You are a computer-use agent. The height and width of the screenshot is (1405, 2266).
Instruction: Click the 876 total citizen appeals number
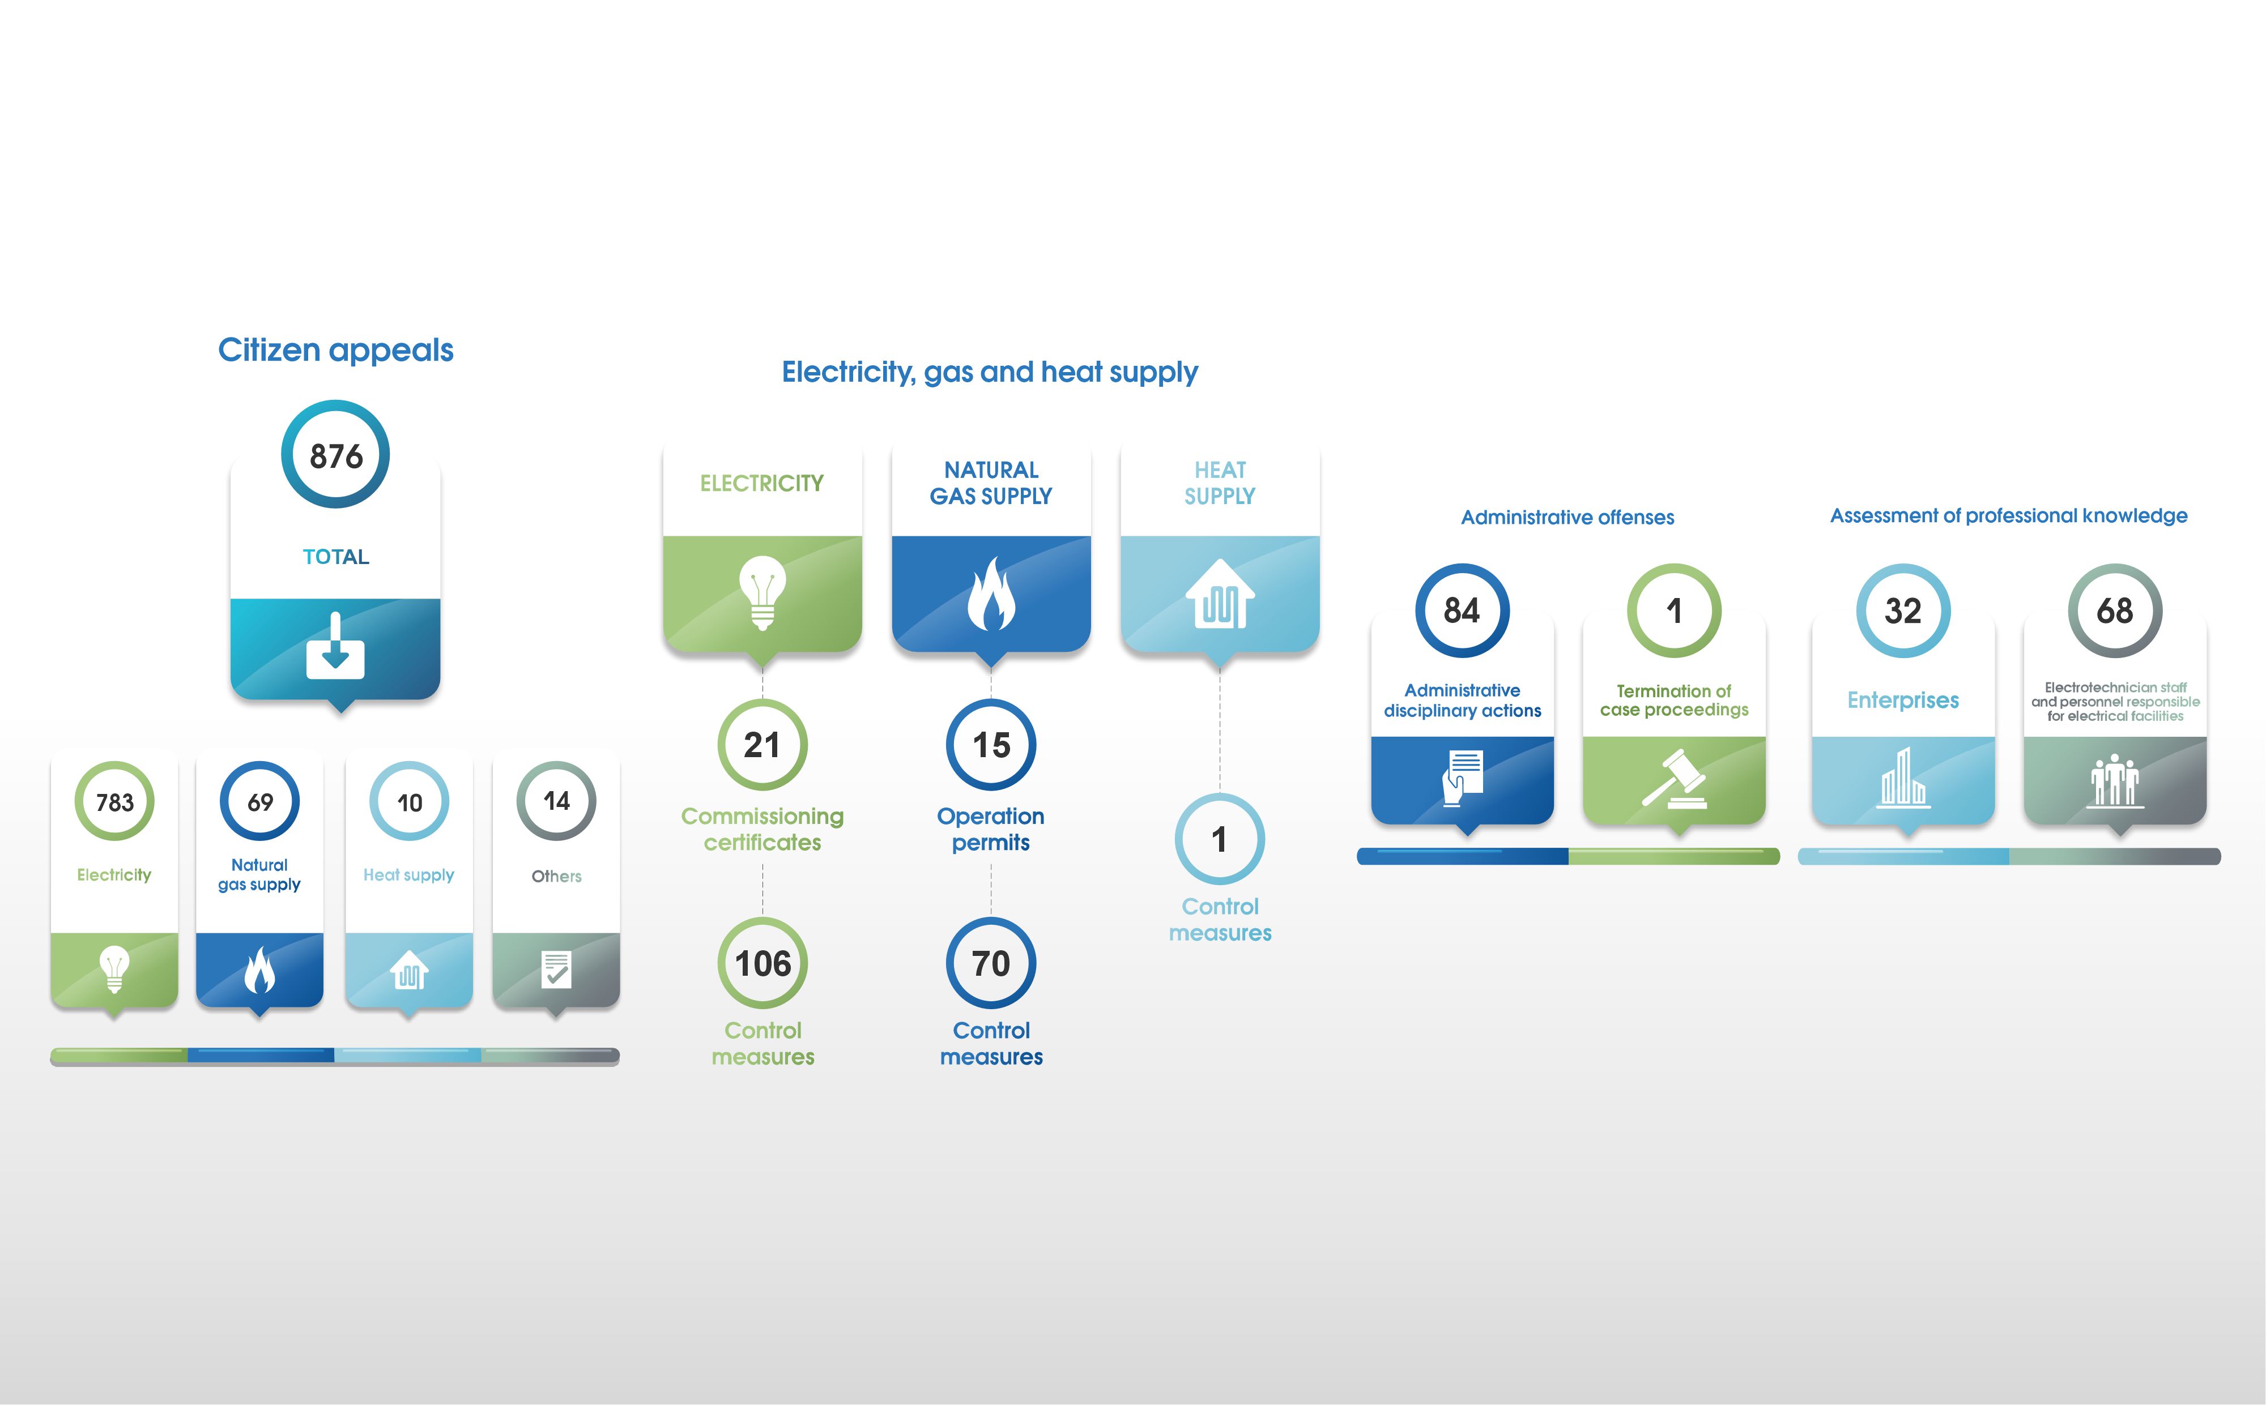[x=335, y=456]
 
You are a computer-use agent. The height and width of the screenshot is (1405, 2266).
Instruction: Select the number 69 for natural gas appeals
[x=260, y=802]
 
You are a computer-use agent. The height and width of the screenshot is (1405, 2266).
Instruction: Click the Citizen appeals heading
[x=335, y=351]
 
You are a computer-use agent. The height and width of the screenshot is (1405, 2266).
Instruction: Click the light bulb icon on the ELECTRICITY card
[x=762, y=592]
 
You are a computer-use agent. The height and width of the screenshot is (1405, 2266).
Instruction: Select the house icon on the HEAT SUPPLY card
[x=1220, y=594]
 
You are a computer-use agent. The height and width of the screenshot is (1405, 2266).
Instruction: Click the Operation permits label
[x=991, y=829]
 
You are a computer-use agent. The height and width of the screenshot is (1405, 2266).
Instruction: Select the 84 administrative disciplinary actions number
[x=1462, y=610]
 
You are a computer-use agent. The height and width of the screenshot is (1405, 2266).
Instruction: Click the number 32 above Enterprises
[x=1902, y=610]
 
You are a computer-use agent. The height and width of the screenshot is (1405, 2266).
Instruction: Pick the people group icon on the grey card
[x=2115, y=780]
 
